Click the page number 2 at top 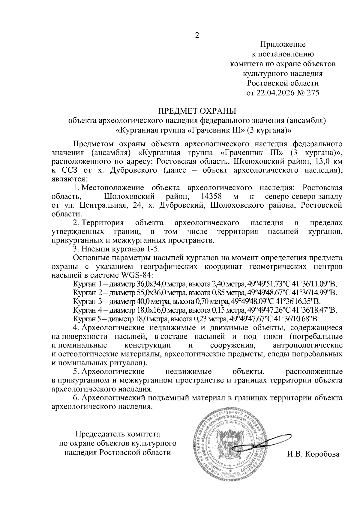click(x=197, y=35)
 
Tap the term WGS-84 click(x=137, y=275)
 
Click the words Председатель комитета click(x=118, y=434)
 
